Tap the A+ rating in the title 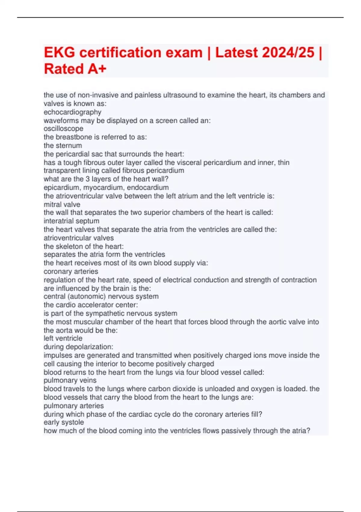coord(97,69)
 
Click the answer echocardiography coord(73,112)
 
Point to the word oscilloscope coord(63,129)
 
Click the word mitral coord(52,204)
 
